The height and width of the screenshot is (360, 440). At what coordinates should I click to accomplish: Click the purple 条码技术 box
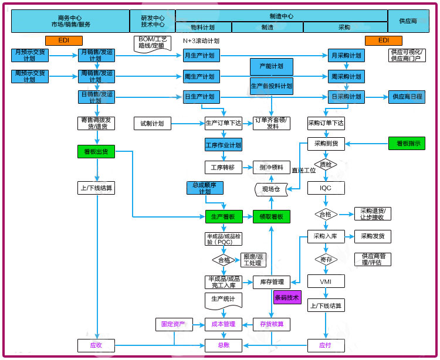coord(287,297)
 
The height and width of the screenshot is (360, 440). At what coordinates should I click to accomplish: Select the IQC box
coord(326,188)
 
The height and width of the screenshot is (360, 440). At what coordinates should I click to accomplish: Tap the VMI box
coord(326,281)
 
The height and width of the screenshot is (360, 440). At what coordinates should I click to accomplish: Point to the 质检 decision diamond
coord(326,165)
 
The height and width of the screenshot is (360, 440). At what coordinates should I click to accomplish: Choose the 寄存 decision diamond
coord(326,259)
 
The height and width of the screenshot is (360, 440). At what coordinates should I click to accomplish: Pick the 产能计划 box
coord(271,66)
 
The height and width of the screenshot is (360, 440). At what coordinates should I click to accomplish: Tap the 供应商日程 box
coord(407,97)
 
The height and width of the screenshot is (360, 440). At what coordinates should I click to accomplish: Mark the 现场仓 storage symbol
coord(271,189)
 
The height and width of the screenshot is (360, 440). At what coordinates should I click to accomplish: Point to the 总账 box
coord(223,345)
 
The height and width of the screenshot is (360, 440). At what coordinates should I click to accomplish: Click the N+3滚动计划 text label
coord(201,41)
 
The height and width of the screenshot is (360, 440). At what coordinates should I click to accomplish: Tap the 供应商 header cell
coord(408,21)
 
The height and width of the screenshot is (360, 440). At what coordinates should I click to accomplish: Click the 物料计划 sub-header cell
coord(203,27)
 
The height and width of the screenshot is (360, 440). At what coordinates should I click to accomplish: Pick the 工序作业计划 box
coord(223,145)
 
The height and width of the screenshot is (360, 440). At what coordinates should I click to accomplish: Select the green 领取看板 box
coord(271,217)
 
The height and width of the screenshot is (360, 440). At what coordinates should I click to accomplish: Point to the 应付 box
coord(326,345)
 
